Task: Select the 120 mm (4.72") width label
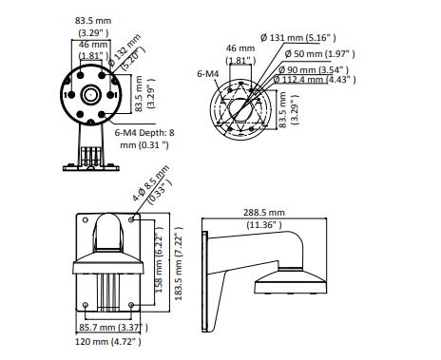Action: pos(108,342)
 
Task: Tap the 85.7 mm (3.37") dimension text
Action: pos(113,328)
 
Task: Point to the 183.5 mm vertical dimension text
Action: pos(179,263)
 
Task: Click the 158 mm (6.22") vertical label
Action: pos(159,260)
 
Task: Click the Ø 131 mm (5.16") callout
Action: pos(298,38)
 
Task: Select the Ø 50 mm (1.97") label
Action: pos(319,54)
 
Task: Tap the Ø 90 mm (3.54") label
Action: pos(314,70)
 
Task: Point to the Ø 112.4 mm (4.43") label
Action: pos(315,79)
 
